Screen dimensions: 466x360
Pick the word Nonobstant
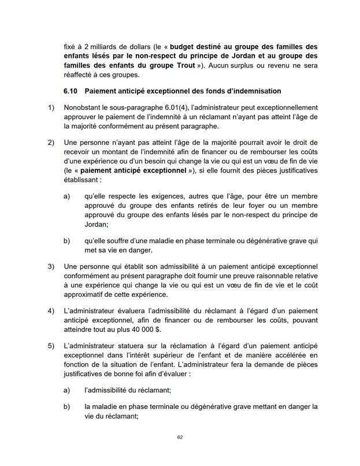pyautogui.click(x=84, y=107)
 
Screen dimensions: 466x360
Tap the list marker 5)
pyautogui.click(x=51, y=345)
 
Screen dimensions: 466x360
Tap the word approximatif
pyautogui.click(x=89, y=293)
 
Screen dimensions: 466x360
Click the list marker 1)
pyautogui.click(x=51, y=107)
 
